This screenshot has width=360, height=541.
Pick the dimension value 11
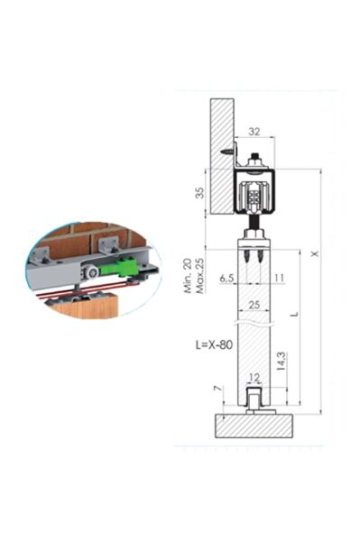coord(278,279)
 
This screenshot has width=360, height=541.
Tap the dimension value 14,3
coord(285,363)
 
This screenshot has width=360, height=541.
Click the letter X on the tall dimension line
coord(314,253)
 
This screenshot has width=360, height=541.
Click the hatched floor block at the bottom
coord(254,426)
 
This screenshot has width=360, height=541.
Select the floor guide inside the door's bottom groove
coord(254,400)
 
